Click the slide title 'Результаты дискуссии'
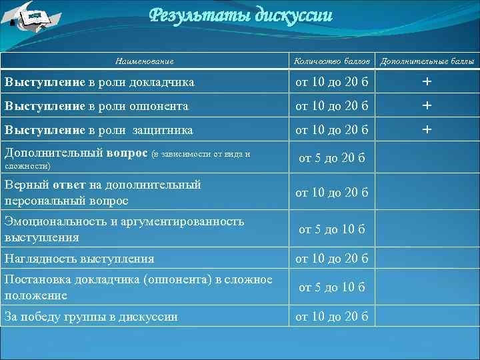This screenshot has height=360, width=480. coord(240,15)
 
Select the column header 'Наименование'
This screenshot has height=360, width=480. coord(144,61)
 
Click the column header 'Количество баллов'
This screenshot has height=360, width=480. coord(332,61)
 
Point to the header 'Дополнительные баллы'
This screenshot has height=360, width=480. coord(427,61)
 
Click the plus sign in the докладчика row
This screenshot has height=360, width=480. coord(427,82)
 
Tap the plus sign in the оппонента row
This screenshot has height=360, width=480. coord(427,105)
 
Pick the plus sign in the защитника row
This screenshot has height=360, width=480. coord(427,129)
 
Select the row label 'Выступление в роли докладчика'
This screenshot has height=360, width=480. coord(100,82)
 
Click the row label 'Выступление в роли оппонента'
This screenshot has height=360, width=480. coord(97,105)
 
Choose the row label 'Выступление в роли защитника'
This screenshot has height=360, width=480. coord(99,129)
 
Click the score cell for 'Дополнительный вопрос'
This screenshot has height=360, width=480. coord(332,159)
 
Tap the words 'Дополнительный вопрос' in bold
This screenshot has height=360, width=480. coord(76,153)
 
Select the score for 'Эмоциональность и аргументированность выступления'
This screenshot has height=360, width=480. coord(332,229)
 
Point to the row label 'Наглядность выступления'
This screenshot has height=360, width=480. coord(79,258)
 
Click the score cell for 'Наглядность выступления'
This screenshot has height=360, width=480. coord(332,258)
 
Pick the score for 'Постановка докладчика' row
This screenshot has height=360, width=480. coord(332,287)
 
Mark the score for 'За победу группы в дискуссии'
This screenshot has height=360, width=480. coord(332,317)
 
